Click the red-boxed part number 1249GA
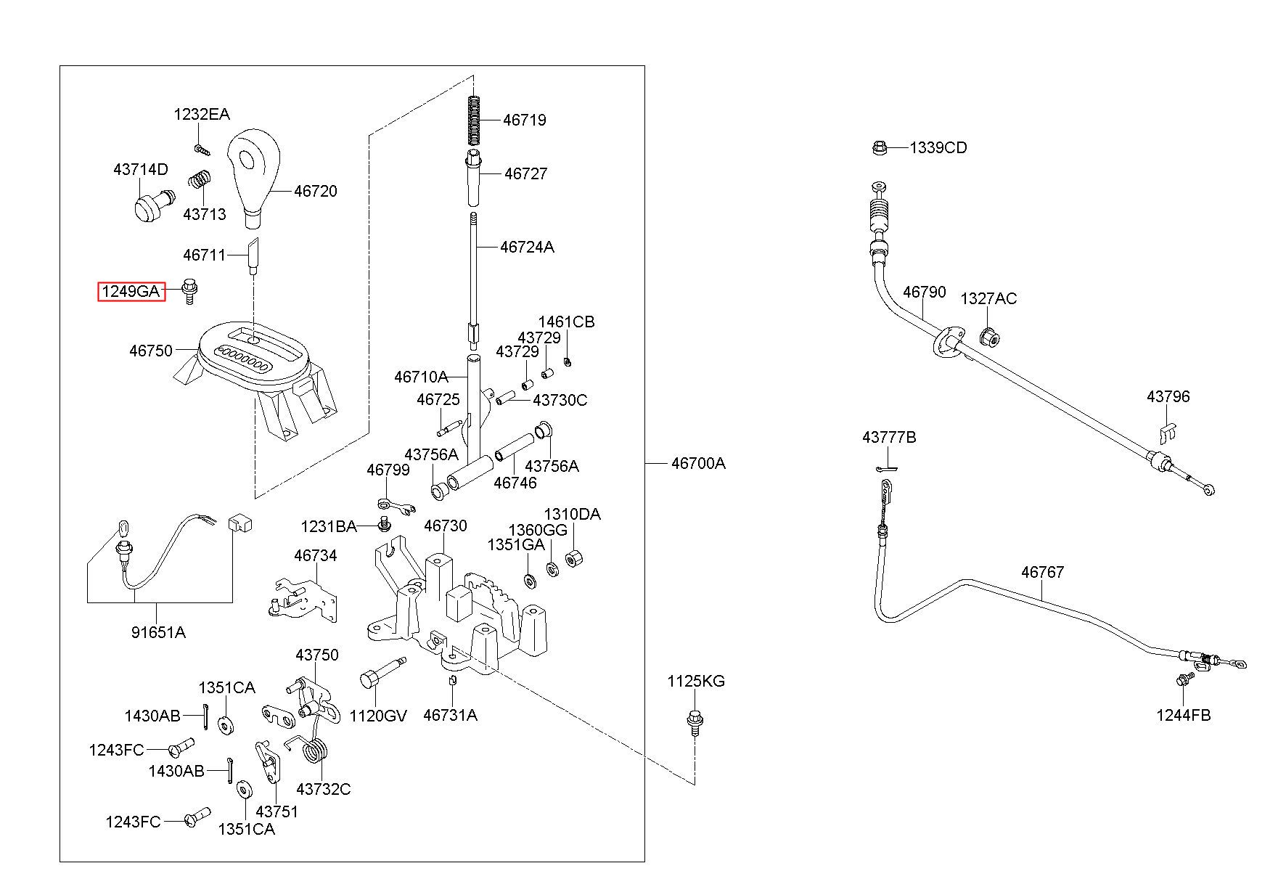pos(131,292)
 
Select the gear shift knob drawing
pos(253,176)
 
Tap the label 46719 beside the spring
pos(525,120)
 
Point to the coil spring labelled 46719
pos(474,120)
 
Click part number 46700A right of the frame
pos(698,463)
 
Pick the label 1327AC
pos(988,298)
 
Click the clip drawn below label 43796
pos(1166,433)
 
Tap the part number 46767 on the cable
pos(1042,572)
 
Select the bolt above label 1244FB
pos(1184,680)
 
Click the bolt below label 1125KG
pos(695,721)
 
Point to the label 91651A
pos(158,632)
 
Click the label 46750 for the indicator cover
pos(151,351)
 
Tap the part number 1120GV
pos(378,716)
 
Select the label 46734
pos(316,556)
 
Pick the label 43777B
pos(889,438)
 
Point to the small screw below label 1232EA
pos(201,149)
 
